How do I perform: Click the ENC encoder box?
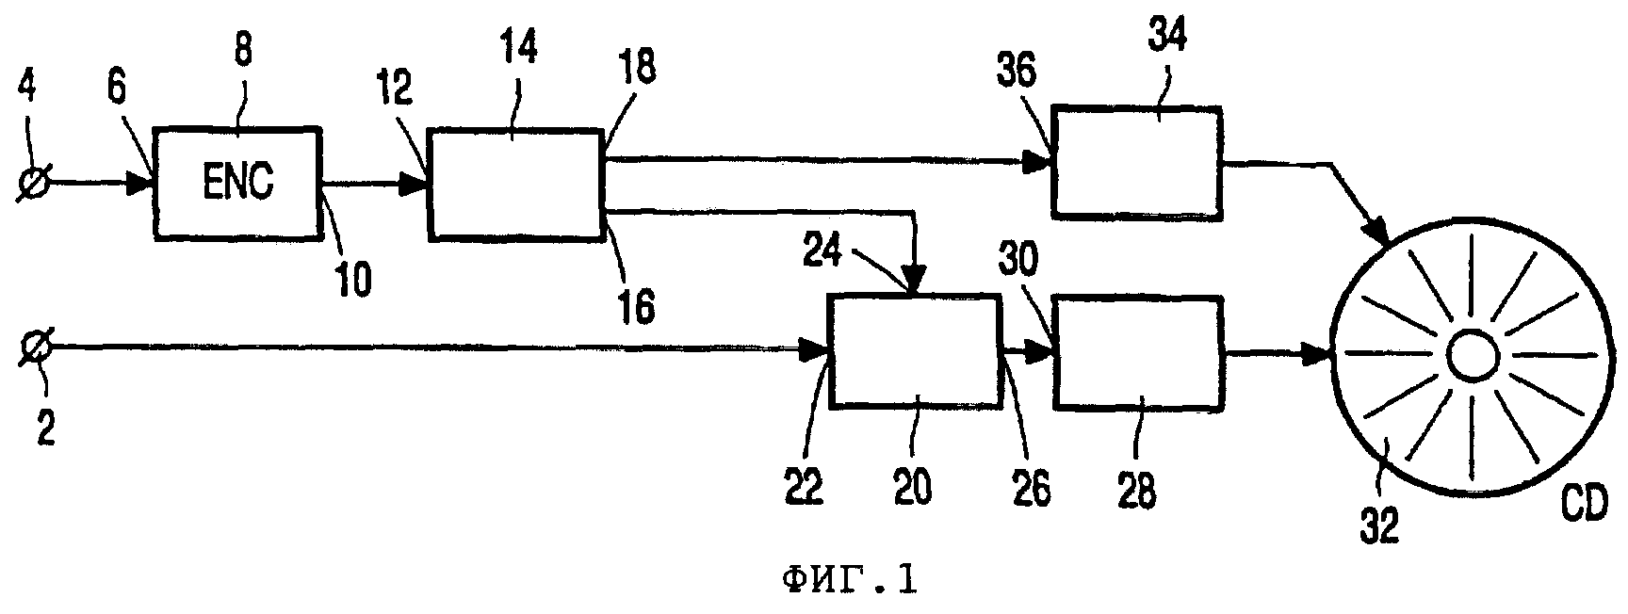[x=237, y=181]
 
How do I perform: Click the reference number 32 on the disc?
[x=1378, y=523]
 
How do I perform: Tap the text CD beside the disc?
[x=1586, y=507]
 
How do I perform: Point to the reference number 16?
[x=637, y=305]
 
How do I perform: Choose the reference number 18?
[x=639, y=68]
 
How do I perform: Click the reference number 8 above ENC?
[x=243, y=49]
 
